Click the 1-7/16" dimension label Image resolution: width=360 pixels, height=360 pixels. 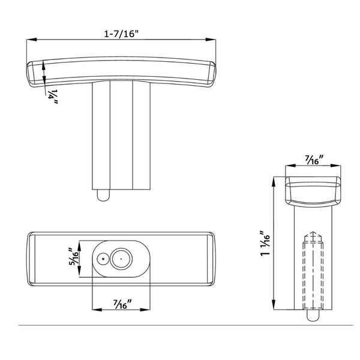coord(122,34)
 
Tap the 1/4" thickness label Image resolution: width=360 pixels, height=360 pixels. coord(53,97)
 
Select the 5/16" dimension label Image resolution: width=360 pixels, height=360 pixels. coord(74,257)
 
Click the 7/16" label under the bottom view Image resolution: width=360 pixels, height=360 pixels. coord(122,304)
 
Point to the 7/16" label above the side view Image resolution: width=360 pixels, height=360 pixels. coord(314,160)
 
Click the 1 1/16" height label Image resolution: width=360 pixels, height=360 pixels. coord(265,244)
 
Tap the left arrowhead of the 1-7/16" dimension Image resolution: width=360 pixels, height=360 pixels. coord(32,40)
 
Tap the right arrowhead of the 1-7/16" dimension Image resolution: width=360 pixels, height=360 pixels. coord(211,40)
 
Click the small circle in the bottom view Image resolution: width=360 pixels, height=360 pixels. coord(103,259)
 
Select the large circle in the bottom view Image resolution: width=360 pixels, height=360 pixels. coord(121,259)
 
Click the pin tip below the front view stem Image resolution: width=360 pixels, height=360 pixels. coord(104,196)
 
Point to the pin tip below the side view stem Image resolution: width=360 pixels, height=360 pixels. coord(313,315)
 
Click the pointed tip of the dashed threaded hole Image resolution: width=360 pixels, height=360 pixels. coord(313,232)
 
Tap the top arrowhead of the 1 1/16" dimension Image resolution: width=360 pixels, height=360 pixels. coord(274,182)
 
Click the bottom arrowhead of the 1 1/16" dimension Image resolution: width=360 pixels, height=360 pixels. coord(274,304)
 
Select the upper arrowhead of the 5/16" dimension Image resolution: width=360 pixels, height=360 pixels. coord(79,245)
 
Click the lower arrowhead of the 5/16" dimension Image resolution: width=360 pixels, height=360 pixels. coord(79,272)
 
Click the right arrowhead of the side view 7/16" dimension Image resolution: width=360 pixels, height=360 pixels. coord(336,166)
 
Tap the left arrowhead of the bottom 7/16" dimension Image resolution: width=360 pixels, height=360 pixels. coord(97,310)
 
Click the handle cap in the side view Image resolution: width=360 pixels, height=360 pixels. coord(313,191)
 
